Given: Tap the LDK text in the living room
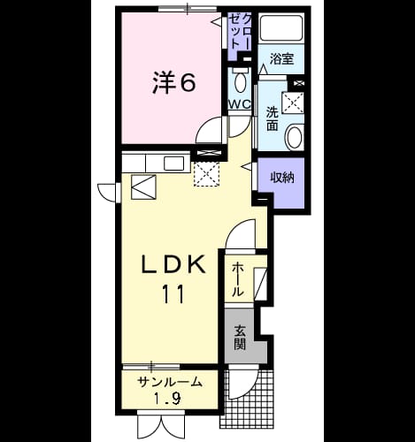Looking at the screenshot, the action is [x=173, y=264].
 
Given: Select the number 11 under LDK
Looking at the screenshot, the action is [x=173, y=293].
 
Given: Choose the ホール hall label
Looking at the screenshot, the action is [x=238, y=279].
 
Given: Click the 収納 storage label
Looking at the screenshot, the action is [x=282, y=178].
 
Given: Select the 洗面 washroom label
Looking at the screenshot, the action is [x=273, y=119].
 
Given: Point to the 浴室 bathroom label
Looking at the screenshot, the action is [x=281, y=59].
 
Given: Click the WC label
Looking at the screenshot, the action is [x=240, y=104].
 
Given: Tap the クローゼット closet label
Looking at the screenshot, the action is [x=241, y=32].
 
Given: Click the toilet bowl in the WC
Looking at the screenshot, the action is [x=241, y=80].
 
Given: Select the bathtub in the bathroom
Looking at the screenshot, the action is [x=281, y=27].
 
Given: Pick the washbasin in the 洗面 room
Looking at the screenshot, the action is [x=294, y=136].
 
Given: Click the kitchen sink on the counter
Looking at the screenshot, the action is [x=174, y=163].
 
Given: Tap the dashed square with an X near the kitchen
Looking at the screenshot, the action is [x=206, y=173].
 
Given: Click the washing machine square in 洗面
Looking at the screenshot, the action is [x=293, y=103].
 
